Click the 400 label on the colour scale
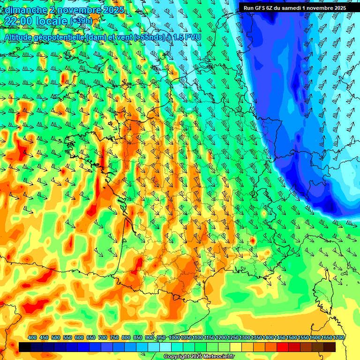(x=32, y=338)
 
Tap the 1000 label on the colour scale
(x=174, y=338)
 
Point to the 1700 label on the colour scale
(x=339, y=338)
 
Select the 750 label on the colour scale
(x=114, y=338)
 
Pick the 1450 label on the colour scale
(x=280, y=338)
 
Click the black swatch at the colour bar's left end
(x=25, y=347)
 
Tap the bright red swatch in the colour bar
(x=283, y=347)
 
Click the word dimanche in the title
(x=26, y=10)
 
